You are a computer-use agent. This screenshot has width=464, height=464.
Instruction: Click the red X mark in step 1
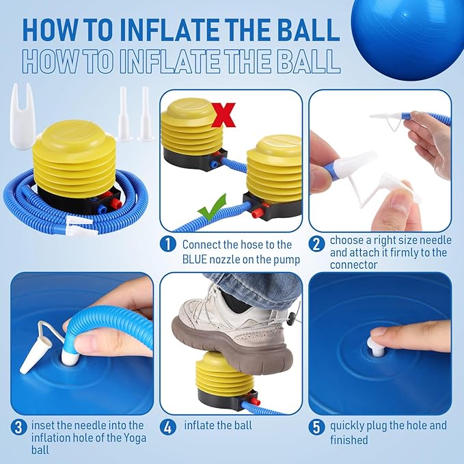223,115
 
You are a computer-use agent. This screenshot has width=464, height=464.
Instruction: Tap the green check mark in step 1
212,208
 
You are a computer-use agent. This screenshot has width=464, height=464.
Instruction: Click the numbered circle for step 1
168,245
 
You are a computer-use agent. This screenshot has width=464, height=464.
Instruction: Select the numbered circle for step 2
316,245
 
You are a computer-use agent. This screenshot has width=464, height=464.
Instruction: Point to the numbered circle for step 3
18,427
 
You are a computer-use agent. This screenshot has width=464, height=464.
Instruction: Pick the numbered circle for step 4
168,427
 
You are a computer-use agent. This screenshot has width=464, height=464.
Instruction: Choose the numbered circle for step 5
316,427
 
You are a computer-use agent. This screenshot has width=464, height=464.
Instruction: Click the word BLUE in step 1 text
195,260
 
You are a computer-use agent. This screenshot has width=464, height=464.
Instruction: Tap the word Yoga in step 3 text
133,437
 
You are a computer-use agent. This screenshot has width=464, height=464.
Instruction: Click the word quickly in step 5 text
347,426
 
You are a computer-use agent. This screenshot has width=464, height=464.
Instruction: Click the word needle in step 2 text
435,241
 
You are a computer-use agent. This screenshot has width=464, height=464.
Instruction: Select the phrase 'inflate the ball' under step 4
218,426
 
